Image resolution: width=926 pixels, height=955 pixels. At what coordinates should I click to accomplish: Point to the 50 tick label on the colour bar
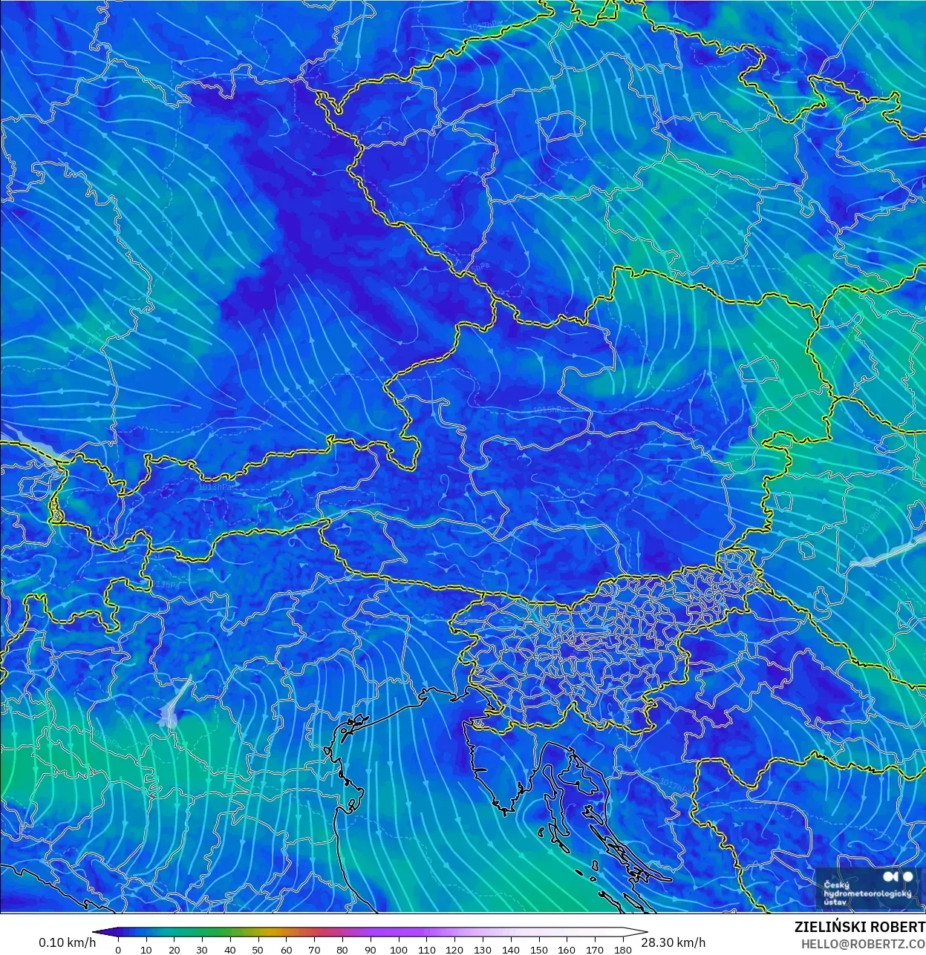coord(258,949)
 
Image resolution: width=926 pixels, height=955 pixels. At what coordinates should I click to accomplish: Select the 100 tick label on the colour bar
coord(398,949)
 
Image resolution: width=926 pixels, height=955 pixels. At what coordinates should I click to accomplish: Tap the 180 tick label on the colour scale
coord(623,949)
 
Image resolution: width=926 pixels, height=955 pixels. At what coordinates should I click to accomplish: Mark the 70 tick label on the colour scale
coord(314,949)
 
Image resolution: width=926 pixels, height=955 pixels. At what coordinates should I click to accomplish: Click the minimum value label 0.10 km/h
coord(68,942)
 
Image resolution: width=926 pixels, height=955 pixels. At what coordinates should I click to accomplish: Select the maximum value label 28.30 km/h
coord(673,942)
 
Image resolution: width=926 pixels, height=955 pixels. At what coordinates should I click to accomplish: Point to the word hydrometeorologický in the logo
coord(867,893)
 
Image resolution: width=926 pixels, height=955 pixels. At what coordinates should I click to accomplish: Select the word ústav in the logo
coord(835,902)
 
